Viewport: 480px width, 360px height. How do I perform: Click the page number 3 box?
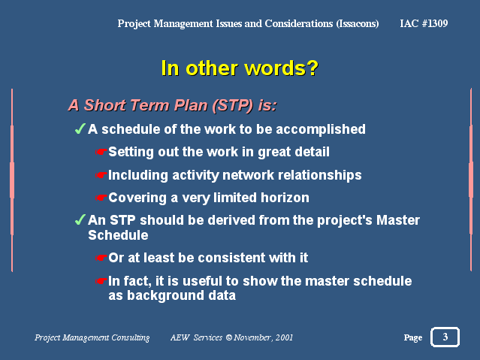coord(445,337)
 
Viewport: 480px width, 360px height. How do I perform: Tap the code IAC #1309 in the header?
coord(424,23)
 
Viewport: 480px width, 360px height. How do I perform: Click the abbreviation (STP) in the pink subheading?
coord(233,105)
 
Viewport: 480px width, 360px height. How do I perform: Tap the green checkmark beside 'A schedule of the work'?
coord(80,129)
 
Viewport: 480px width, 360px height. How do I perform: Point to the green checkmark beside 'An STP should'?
coord(80,219)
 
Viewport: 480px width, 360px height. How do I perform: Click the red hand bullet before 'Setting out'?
coord(101,152)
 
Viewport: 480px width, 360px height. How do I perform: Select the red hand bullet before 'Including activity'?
coord(101,175)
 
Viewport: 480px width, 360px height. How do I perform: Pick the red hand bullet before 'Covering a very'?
coord(101,198)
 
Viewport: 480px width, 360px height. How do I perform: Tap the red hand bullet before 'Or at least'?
coord(101,258)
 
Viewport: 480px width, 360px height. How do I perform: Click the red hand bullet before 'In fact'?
coord(101,281)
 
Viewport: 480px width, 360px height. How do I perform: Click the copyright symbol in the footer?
coord(229,337)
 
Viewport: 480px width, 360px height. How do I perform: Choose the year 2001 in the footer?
coord(284,337)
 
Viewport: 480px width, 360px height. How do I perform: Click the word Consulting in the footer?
coord(131,337)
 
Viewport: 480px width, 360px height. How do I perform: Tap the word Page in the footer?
coord(413,337)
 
